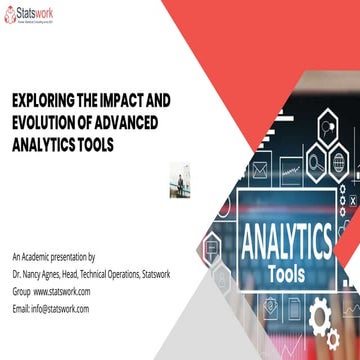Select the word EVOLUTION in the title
(x=51, y=120)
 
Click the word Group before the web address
(x=21, y=291)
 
